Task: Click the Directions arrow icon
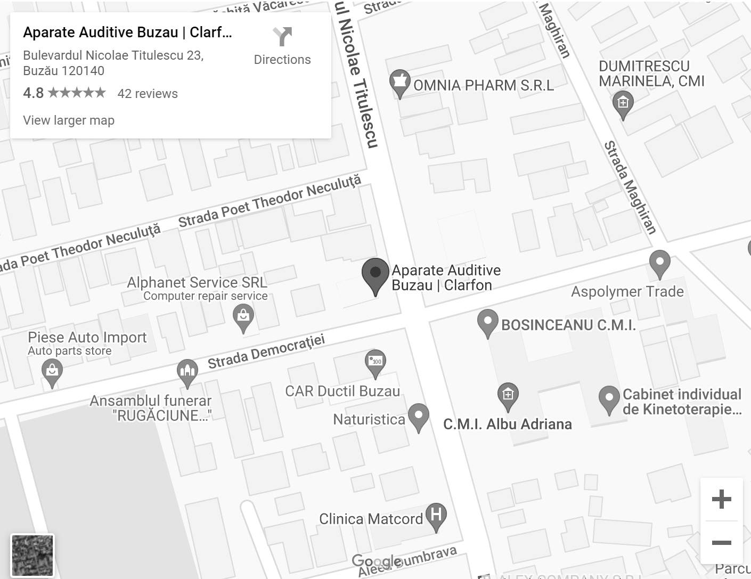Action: click(282, 37)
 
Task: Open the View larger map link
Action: click(69, 120)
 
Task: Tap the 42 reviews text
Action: click(148, 94)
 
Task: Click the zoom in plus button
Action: click(721, 499)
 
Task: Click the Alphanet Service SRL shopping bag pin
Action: click(243, 317)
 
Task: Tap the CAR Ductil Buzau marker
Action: click(376, 362)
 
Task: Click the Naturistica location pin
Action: click(418, 415)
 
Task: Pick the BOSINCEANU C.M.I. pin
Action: click(487, 322)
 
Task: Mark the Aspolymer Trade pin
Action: click(659, 263)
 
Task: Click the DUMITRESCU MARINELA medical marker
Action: click(623, 103)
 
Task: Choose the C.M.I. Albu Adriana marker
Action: click(508, 395)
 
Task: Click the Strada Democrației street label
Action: click(266, 352)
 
